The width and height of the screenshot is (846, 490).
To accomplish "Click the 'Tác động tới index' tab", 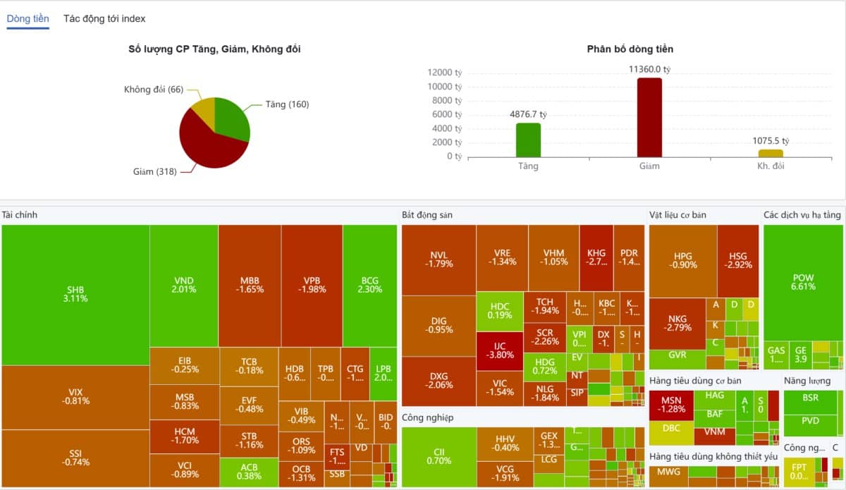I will pos(104,19).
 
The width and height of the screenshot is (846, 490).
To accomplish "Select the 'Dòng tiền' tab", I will pos(28,19).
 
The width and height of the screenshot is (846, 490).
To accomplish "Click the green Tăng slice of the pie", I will pos(231,118).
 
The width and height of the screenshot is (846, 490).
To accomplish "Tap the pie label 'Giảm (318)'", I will pos(154,171).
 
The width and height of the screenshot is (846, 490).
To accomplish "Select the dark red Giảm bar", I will pos(649,118).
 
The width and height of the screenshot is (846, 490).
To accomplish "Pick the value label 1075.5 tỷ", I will pos(770,141).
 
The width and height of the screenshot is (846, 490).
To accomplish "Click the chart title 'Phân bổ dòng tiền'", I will pos(630,49).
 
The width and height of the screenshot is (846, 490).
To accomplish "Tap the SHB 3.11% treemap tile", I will pos(75,294).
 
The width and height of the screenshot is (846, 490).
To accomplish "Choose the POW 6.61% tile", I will pos(803,282).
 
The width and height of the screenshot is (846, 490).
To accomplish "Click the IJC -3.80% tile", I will pos(499,350).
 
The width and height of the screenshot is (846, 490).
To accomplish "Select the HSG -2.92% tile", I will pos(738,260).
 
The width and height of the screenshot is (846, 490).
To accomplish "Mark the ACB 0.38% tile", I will pos(248,472).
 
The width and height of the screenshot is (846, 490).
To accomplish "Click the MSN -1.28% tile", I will pos(671,405).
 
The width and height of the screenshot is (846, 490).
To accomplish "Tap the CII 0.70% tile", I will pos(439,456).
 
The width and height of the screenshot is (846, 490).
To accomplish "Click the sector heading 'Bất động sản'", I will pos(427,214).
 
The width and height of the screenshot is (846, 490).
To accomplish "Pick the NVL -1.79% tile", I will pos(439,259).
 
